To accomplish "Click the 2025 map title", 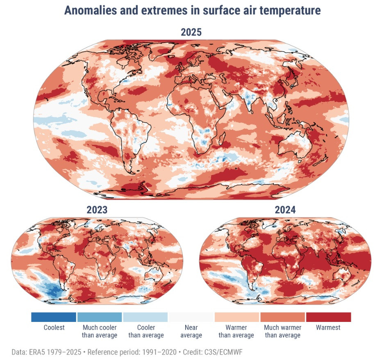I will pos(191,32).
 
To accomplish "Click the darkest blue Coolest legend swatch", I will pos(54,317).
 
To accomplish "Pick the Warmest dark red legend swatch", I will pos(328,317).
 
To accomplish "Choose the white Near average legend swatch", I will pos(191,317).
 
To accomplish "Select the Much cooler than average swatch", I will pos(100,317).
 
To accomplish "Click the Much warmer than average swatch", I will pos(283,317).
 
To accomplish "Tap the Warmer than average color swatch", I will pos(237,317).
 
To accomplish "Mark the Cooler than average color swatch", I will pos(145,317).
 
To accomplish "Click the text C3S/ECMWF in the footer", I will pos(225,352).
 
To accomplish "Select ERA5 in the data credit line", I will pos(35,352).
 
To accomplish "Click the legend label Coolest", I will pos(54,328).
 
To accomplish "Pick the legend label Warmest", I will pos(328,328).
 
